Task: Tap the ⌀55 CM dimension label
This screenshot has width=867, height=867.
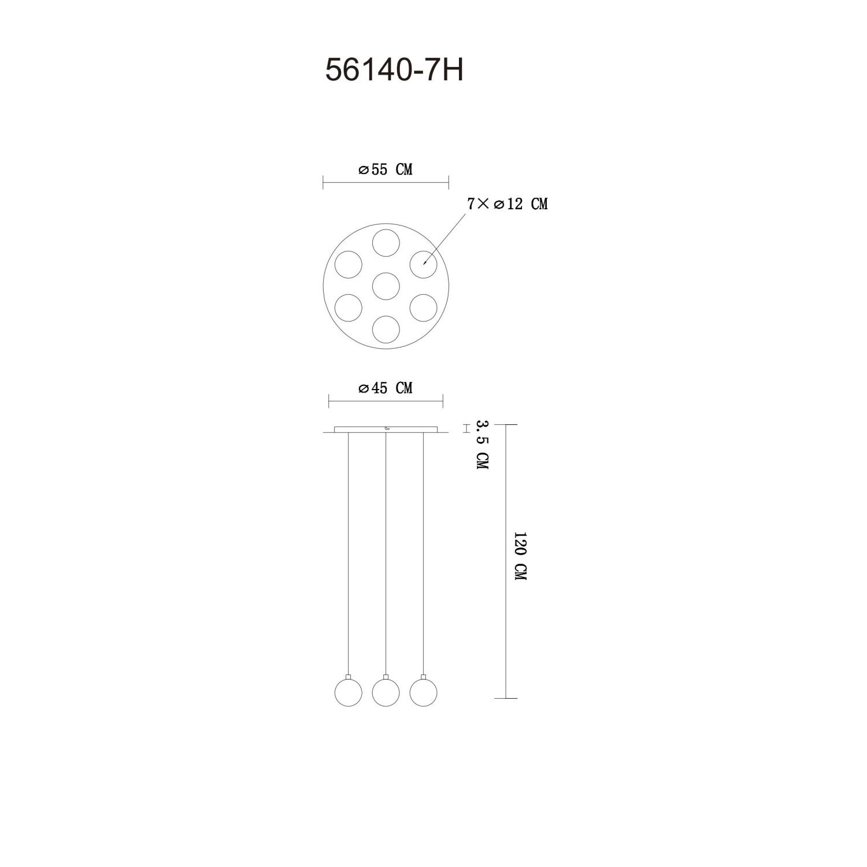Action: [x=386, y=169]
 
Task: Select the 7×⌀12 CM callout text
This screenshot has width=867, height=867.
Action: [x=507, y=203]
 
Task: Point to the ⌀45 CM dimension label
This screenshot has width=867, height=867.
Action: [x=386, y=388]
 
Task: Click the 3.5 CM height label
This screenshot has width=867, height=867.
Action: [x=481, y=445]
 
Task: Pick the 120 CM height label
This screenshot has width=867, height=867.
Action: [x=519, y=557]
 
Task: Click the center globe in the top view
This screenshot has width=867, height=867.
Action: [x=386, y=286]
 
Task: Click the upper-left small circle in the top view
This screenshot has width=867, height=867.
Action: [x=349, y=264]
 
